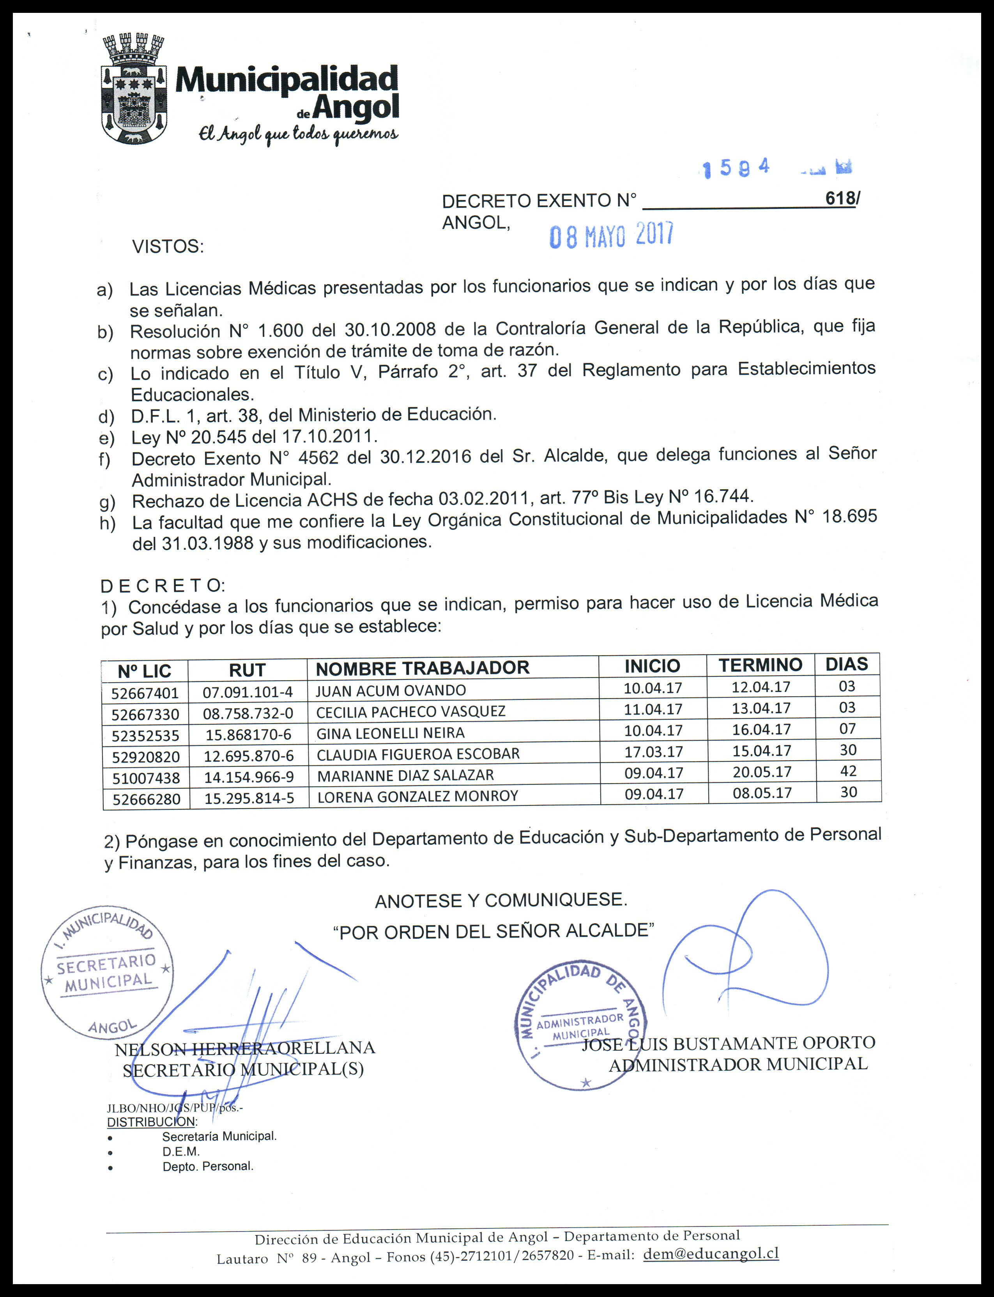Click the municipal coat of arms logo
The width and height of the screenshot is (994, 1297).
click(x=131, y=90)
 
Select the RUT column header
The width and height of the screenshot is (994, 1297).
click(x=247, y=671)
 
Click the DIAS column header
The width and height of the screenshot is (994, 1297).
click(x=847, y=664)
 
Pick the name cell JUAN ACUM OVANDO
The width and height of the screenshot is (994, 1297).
click(x=391, y=690)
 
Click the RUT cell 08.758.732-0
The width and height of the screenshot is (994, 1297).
click(x=248, y=713)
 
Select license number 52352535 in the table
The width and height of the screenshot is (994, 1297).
click(x=145, y=736)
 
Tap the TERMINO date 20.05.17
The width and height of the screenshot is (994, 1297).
click(x=762, y=771)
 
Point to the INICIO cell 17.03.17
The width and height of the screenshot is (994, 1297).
click(x=653, y=752)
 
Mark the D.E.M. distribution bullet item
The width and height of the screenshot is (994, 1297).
click(x=181, y=1152)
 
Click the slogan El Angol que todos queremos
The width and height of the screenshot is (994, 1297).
click(x=298, y=135)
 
